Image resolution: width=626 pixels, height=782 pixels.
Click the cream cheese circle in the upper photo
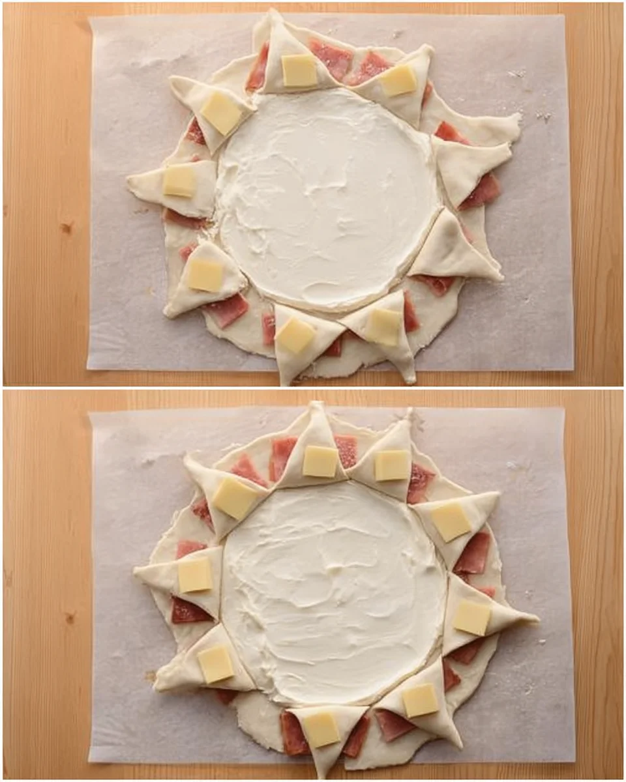coord(326,195)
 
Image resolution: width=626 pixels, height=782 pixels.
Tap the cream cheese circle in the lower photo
coord(333,593)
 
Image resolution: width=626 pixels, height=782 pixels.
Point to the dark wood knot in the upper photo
coord(65,227)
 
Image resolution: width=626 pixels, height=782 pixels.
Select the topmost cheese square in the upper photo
coord(299,70)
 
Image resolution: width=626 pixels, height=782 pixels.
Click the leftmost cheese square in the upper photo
coord(179,181)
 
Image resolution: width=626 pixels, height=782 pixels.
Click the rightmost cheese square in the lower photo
coord(471,617)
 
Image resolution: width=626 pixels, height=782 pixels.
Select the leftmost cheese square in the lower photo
coord(195,575)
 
